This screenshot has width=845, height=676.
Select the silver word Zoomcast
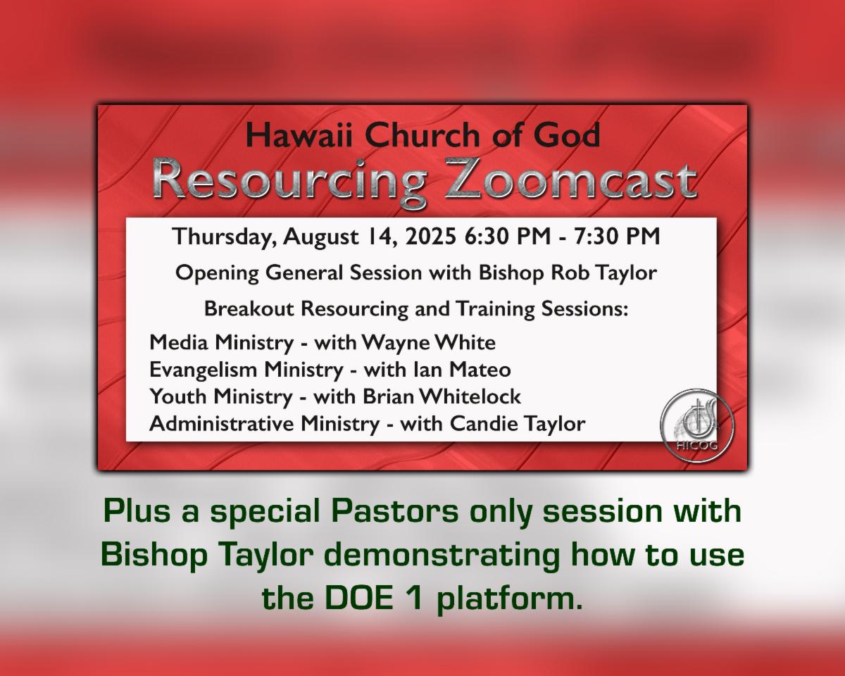[571, 180]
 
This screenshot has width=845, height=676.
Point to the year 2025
[431, 237]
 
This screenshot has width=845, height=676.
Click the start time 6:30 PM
[507, 237]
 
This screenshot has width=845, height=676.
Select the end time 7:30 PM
[618, 237]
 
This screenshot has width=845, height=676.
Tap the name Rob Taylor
[604, 273]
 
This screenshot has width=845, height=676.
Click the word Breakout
[249, 308]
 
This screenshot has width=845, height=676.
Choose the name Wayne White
[428, 343]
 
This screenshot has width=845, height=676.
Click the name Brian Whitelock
[442, 396]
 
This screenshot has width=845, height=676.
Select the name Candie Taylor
[517, 424]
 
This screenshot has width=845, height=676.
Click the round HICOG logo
[696, 425]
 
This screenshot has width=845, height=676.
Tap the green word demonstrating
[442, 556]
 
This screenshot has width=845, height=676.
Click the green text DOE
[359, 599]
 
